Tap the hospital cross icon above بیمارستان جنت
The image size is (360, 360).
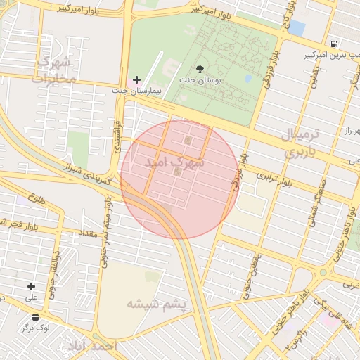pyautogui.click(x=136, y=79)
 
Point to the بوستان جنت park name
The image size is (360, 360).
pyautogui.click(x=200, y=80)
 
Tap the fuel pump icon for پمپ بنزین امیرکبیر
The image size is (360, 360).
pyautogui.click(x=333, y=44)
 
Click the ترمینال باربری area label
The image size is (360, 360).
pyautogui.click(x=301, y=143)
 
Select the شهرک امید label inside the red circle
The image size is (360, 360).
pyautogui.click(x=174, y=162)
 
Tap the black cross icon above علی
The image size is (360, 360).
pyautogui.click(x=31, y=286)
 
